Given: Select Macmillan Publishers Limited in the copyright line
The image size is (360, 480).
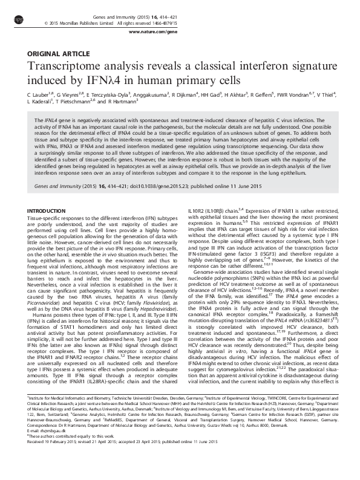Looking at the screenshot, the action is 96,23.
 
